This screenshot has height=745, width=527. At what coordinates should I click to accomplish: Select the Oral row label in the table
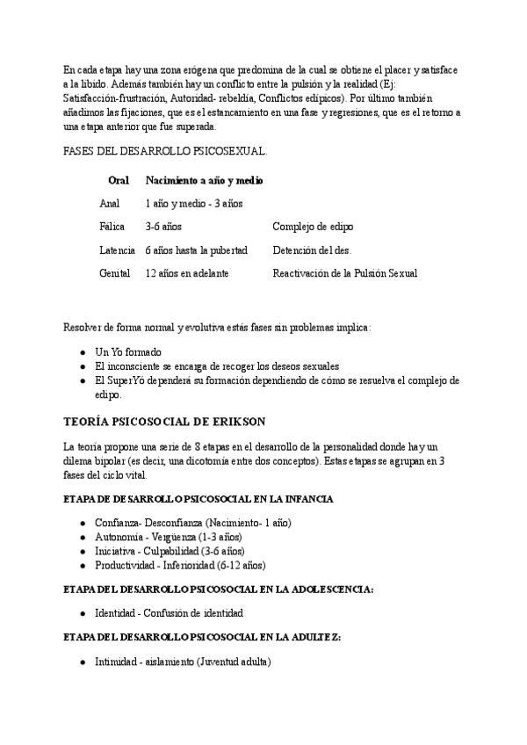click(x=119, y=180)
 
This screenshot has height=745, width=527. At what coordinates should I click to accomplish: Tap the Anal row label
click(x=110, y=203)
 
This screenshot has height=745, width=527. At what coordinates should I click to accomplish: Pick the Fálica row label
click(x=112, y=227)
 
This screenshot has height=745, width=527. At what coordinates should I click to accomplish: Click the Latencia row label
click(x=118, y=250)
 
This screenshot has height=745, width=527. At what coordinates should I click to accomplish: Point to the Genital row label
click(x=115, y=273)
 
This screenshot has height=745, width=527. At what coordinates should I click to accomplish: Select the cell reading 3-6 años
click(x=163, y=227)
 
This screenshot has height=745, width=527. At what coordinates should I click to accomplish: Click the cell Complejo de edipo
click(x=313, y=227)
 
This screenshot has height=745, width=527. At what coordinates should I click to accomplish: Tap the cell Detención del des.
click(x=313, y=250)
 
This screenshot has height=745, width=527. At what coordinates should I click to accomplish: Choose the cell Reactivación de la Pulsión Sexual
click(x=344, y=273)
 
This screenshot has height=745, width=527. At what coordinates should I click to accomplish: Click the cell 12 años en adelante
click(x=187, y=273)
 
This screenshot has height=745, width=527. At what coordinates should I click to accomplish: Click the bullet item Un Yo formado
click(x=128, y=351)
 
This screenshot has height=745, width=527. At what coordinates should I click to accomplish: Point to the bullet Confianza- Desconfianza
click(x=193, y=523)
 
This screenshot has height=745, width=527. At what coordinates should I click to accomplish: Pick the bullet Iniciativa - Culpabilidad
click(x=170, y=551)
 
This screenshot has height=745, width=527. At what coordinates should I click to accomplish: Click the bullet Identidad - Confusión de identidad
click(x=169, y=612)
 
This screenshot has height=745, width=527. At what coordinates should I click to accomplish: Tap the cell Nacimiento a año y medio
click(x=205, y=180)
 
